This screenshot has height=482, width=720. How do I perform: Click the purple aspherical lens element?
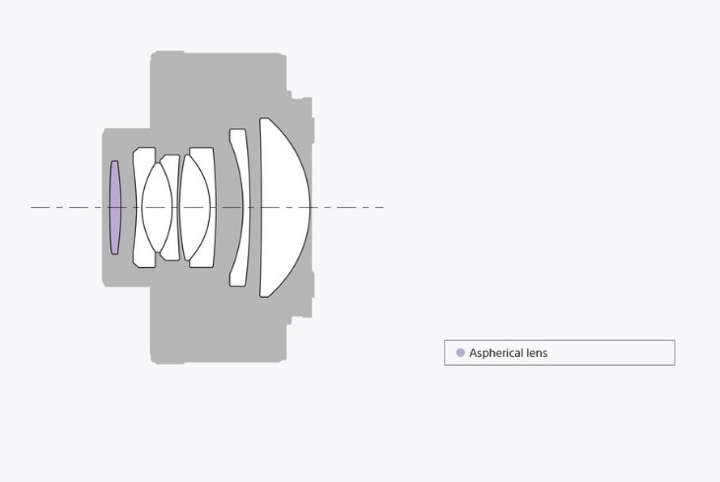tap(115, 207)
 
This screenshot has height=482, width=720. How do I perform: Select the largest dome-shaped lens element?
tap(283, 207)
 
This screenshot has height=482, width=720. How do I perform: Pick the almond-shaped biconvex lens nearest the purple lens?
tap(157, 207)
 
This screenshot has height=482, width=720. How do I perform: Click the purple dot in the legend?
tap(460, 353)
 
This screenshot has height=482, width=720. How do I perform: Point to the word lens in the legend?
tap(535, 353)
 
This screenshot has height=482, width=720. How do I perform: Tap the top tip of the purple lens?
tap(115, 161)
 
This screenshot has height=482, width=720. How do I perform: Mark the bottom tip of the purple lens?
tap(115, 253)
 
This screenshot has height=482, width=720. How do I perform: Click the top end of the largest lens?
tap(264, 118)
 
